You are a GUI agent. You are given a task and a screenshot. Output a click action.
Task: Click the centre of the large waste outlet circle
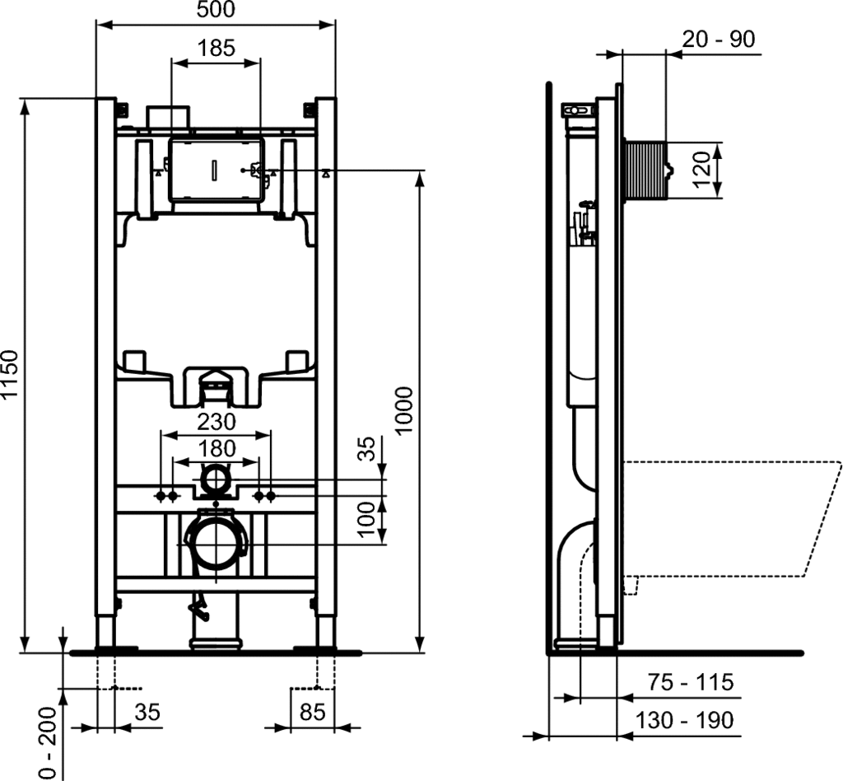[x=217, y=544]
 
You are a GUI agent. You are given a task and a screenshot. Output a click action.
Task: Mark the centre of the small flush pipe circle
[x=217, y=478]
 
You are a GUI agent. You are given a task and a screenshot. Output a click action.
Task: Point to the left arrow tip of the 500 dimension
[x=96, y=24]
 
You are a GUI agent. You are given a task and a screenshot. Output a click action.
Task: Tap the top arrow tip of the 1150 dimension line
[x=24, y=99]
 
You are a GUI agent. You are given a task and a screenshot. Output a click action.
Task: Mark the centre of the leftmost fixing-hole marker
[x=161, y=495]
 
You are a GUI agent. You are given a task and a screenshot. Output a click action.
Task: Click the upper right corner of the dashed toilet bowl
[x=841, y=461]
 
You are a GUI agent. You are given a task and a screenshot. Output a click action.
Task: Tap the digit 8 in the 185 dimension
[x=217, y=48]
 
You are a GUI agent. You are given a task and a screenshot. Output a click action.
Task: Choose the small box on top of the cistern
[x=168, y=117]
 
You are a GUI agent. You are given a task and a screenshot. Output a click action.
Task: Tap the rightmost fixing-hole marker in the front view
[x=270, y=495]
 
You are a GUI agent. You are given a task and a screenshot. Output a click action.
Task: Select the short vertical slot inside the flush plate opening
[x=215, y=169]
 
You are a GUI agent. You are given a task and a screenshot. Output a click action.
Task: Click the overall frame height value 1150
[x=10, y=375]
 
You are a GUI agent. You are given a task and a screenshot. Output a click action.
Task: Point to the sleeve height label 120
[x=701, y=170]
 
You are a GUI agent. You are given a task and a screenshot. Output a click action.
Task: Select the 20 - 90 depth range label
[x=718, y=39]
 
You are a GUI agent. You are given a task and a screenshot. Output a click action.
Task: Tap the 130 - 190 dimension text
[x=684, y=720]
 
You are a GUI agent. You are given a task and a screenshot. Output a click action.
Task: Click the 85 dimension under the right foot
[x=312, y=712]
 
